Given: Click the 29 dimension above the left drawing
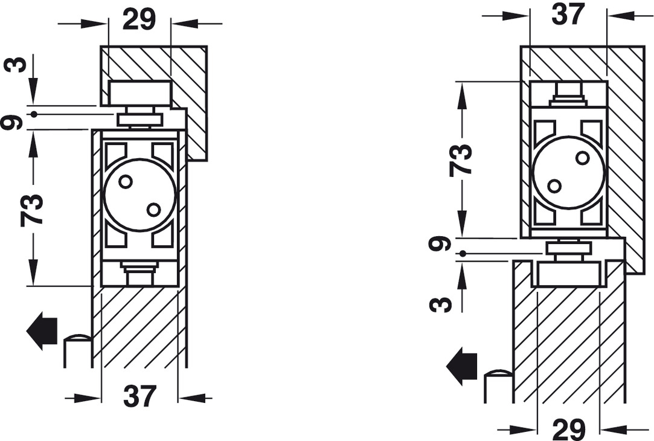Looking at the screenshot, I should click(x=139, y=19).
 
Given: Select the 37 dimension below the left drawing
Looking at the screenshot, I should click(x=139, y=397).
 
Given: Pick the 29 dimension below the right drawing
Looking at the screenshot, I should click(x=568, y=430).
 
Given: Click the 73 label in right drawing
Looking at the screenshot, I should click(x=461, y=159).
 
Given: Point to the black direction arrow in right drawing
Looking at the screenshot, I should click(x=461, y=366).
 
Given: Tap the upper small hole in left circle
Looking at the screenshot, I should click(x=125, y=181).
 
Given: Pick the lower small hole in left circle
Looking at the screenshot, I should click(x=153, y=209).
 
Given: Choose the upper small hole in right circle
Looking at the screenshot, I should click(x=582, y=158).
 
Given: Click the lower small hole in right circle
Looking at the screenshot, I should click(x=554, y=186).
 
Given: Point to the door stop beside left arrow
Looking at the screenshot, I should click(x=77, y=350).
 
